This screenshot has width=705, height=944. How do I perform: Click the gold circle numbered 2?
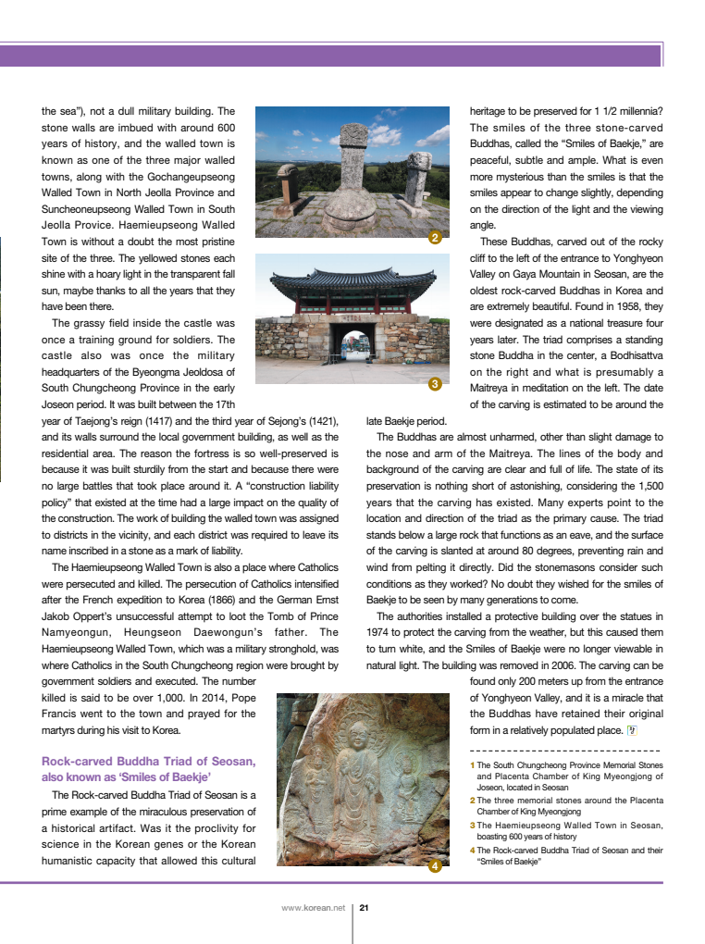click(435, 239)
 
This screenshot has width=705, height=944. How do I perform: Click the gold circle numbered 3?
click(435, 384)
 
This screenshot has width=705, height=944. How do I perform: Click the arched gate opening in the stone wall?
click(352, 347)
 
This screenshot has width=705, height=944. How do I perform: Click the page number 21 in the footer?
click(365, 908)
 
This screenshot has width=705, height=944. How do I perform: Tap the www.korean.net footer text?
click(313, 908)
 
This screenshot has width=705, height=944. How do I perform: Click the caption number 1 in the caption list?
click(472, 765)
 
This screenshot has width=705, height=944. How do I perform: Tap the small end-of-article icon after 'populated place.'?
click(632, 730)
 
